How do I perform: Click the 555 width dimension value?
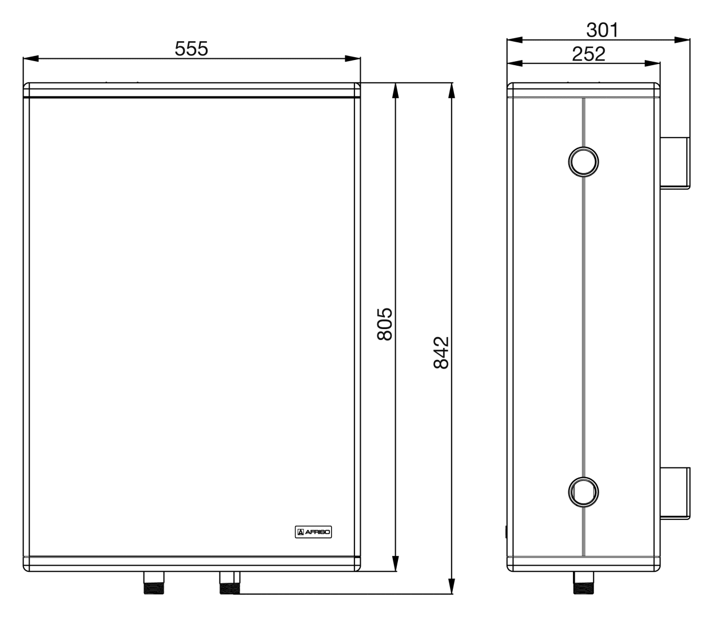pos(191,49)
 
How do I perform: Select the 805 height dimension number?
pos(385,324)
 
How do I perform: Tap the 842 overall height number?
pos(441,352)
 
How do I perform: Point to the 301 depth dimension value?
pos(602,30)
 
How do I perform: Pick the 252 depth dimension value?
pos(589,54)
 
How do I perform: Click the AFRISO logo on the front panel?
pos(313,532)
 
